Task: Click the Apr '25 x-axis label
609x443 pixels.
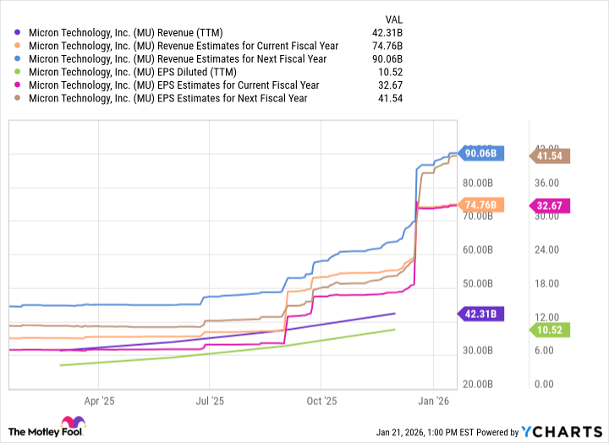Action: point(99,402)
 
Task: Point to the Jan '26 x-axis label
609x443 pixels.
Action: point(433,402)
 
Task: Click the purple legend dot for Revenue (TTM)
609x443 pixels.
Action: point(19,33)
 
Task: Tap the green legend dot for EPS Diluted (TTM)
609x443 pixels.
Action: point(19,72)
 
